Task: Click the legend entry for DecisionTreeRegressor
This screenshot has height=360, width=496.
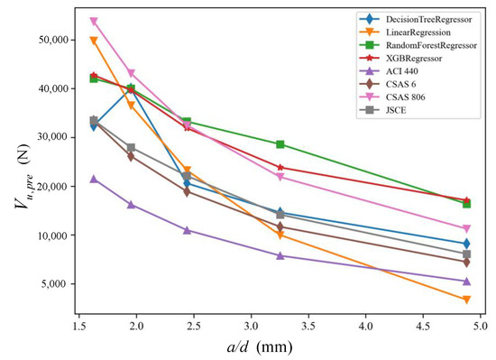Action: coord(417,18)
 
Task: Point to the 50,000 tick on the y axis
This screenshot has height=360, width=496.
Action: coord(48,41)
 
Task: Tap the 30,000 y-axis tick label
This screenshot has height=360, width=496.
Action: coord(48,138)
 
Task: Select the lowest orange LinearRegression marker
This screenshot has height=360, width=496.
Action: coord(465,300)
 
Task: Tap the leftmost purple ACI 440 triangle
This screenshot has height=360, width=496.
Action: coord(94,180)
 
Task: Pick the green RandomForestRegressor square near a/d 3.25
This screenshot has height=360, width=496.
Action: coord(280,144)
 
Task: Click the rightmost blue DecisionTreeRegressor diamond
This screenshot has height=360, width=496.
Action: coord(465,244)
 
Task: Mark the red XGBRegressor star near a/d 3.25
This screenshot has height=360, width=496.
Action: coord(280,167)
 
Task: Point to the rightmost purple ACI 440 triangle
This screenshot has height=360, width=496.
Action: coord(465,282)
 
